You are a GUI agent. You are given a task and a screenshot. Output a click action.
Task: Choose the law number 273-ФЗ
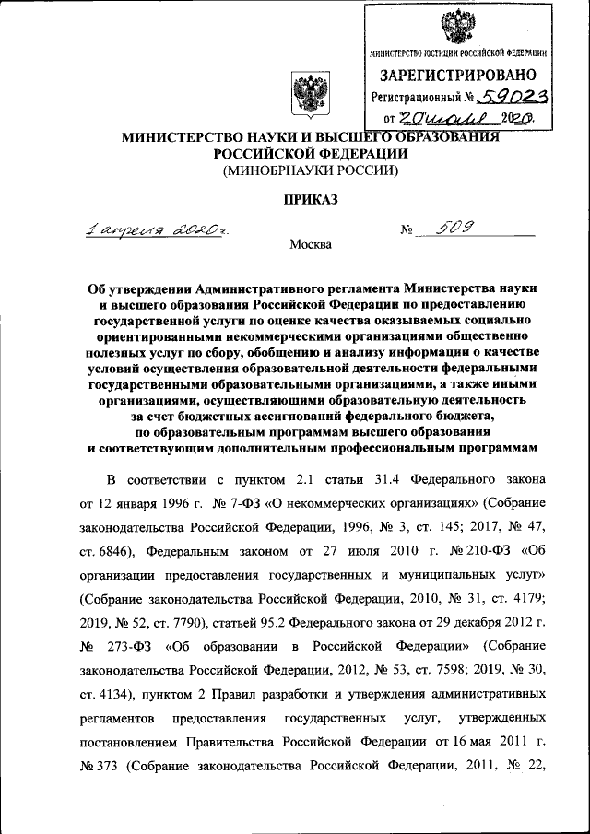tap(132, 646)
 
